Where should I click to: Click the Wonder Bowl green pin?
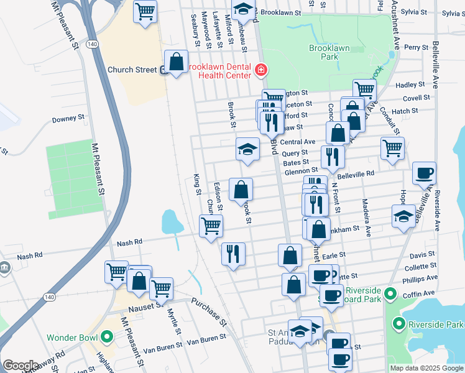[x=106, y=338]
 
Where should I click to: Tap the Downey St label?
[x=68, y=118]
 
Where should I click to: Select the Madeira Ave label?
[x=367, y=218]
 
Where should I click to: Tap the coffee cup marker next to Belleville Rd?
[x=424, y=173]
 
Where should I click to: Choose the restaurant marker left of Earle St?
[x=233, y=254]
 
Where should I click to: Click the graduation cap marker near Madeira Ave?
[x=403, y=217]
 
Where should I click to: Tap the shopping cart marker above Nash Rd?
[x=211, y=226]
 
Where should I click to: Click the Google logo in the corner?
[x=20, y=366]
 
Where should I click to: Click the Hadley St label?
[x=410, y=85]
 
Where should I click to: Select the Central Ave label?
[x=301, y=142]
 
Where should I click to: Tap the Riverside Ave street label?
[x=438, y=211]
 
